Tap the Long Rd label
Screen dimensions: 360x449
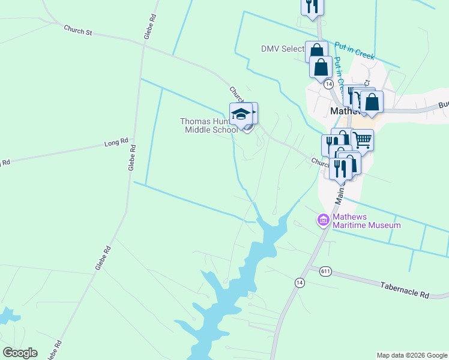click(x=116, y=143)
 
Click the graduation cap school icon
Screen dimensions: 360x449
click(x=241, y=114)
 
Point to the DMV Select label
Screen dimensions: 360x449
click(x=283, y=49)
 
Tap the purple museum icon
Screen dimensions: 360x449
click(x=323, y=220)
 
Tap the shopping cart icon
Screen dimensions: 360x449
click(x=362, y=140)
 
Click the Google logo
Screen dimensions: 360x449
click(x=20, y=352)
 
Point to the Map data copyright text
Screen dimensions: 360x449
click(x=412, y=355)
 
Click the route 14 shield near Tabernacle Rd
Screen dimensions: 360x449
click(x=299, y=282)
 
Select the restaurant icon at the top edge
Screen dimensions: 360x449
click(x=312, y=6)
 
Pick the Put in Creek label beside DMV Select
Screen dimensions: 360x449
click(x=354, y=50)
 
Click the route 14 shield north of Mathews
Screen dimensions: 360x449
click(x=328, y=85)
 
